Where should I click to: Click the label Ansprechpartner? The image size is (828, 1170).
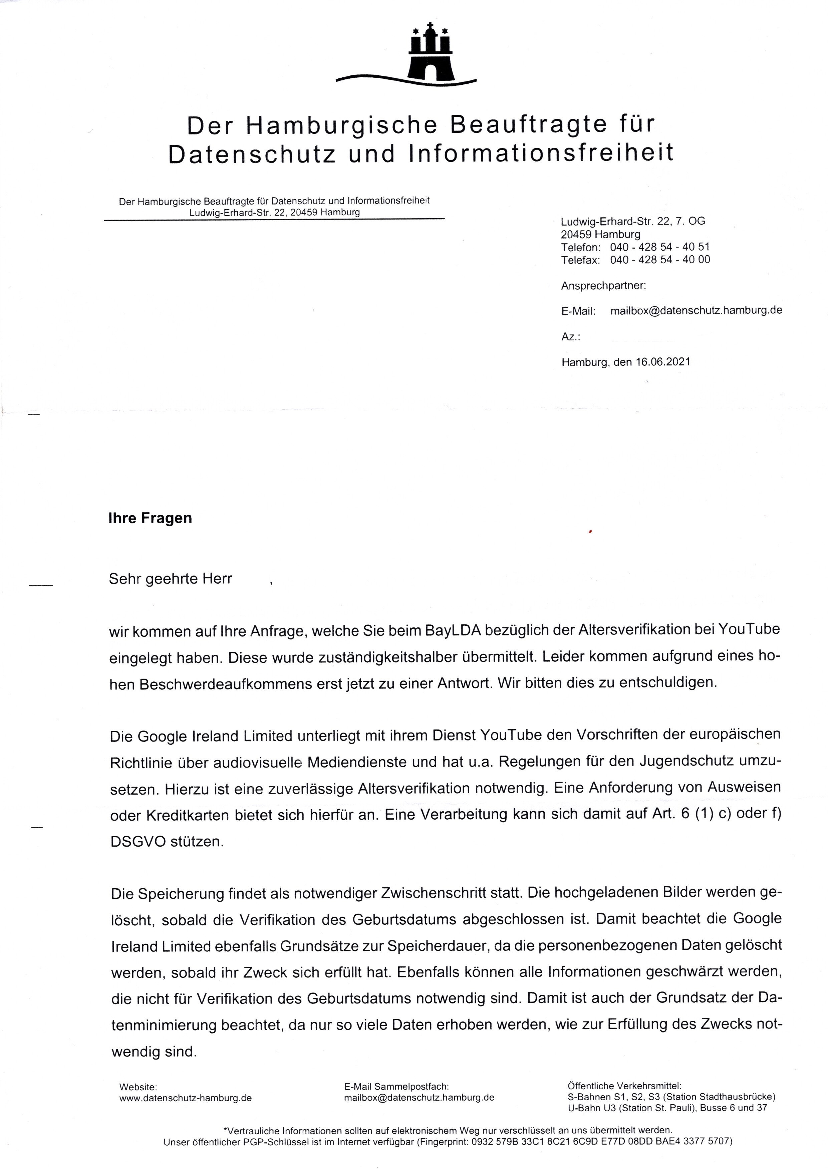(603, 285)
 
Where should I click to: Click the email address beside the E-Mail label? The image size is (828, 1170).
(696, 310)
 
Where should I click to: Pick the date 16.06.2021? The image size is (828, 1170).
(662, 362)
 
